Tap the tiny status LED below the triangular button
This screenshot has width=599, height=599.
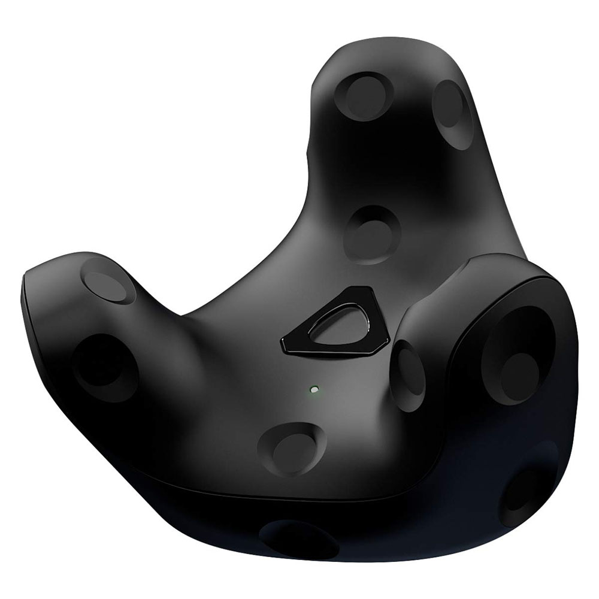[x=313, y=391]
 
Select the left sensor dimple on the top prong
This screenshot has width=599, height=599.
[x=364, y=96]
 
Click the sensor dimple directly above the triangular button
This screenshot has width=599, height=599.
[x=372, y=234]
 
